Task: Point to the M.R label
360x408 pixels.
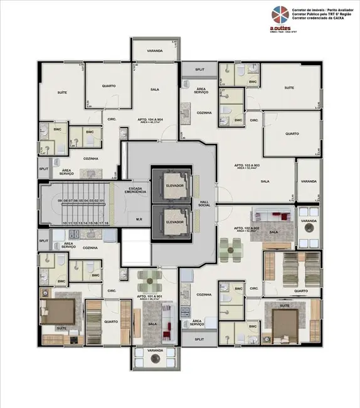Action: (x=139, y=220)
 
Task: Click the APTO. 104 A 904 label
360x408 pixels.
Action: (x=151, y=120)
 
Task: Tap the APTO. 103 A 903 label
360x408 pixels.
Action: (x=247, y=167)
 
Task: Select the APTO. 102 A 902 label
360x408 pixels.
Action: (x=243, y=229)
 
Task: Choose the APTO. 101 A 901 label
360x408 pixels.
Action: (x=151, y=297)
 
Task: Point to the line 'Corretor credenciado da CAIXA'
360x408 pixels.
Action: (x=319, y=21)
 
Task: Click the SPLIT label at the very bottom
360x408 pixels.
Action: (x=199, y=339)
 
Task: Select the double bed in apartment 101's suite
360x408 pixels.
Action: (x=58, y=311)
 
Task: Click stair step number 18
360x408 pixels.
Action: (x=107, y=223)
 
